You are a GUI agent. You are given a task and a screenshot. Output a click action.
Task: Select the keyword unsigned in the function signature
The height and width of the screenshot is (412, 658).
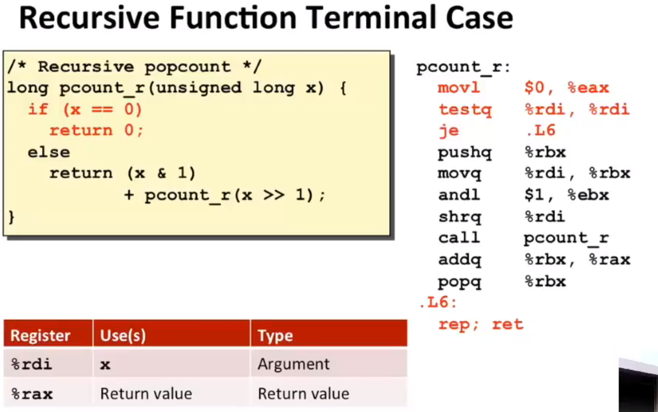coord(199,87)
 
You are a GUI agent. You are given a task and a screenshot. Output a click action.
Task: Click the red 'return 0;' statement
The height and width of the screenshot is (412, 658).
coord(96,130)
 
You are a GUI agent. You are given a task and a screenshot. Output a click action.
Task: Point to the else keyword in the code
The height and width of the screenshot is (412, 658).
coord(49,152)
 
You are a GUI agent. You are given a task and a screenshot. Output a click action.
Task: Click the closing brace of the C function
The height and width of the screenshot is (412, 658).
coord(11,217)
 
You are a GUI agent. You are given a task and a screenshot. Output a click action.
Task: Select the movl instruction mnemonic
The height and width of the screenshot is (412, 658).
coord(459,87)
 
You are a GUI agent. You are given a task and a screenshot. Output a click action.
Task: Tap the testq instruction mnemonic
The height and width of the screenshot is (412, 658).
coord(465,110)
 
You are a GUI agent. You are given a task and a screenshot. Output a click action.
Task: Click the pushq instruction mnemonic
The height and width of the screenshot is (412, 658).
coord(465,153)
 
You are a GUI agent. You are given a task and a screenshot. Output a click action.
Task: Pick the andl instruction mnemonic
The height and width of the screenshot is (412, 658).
coord(459,195)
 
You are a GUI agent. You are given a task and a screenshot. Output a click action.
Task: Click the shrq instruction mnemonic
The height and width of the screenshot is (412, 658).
coord(460,217)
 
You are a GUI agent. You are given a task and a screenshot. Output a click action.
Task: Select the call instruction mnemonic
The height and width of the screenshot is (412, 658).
coord(459,238)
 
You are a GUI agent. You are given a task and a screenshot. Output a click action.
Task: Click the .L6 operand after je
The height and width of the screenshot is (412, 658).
coord(541,130)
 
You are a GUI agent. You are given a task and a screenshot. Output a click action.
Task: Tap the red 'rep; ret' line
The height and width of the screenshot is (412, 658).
coord(481,325)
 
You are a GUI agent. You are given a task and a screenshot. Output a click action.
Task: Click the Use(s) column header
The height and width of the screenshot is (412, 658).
coord(123,335)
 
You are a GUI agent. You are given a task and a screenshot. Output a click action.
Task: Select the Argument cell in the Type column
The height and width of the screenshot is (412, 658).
coord(293,365)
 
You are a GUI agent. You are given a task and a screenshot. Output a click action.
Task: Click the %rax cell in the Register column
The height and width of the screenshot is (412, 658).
coord(32,394)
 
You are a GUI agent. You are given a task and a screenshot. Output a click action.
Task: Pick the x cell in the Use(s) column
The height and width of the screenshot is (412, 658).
coord(105,365)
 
